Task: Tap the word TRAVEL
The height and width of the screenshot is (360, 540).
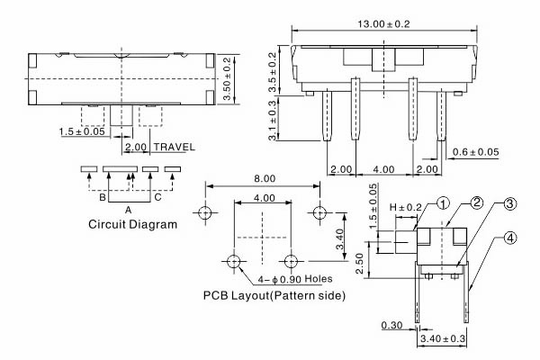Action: tap(174, 147)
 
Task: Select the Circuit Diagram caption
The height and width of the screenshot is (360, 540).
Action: tap(132, 224)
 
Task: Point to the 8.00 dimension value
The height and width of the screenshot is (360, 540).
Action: tap(263, 178)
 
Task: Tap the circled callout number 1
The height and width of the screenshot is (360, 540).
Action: tap(443, 204)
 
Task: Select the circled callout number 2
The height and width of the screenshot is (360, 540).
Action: tap(477, 202)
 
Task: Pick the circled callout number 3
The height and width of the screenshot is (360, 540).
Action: tap(509, 205)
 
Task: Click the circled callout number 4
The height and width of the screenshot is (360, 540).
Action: tap(509, 238)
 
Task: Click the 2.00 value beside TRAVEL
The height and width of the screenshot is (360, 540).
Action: tap(137, 147)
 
